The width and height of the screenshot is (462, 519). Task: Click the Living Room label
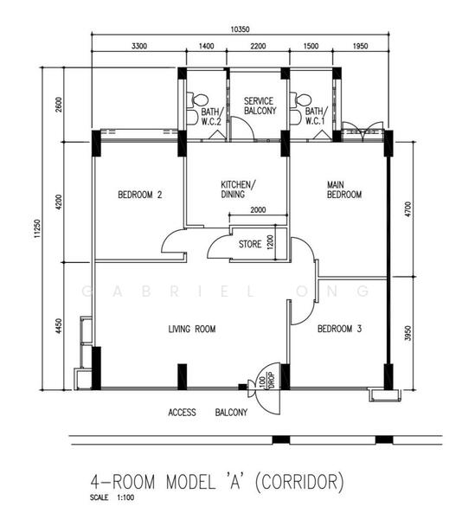click(192, 329)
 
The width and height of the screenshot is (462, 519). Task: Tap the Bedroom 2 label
click(140, 195)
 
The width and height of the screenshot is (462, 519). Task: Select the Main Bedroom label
click(344, 189)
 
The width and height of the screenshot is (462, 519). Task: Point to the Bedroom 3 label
click(339, 329)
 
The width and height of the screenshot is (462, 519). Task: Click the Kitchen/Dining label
click(238, 189)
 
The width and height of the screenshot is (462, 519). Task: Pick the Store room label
click(250, 244)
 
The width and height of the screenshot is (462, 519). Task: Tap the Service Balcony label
click(260, 106)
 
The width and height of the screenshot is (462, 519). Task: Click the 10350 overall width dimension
click(240, 29)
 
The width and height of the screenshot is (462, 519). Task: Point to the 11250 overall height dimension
click(37, 228)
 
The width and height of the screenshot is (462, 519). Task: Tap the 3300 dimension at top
click(139, 46)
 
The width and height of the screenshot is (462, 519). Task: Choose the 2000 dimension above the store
click(258, 210)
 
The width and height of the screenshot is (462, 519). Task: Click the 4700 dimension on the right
click(408, 209)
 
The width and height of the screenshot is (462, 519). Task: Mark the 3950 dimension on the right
click(408, 333)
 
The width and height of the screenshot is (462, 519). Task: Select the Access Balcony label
click(208, 413)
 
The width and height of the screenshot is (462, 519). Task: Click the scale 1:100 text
click(112, 497)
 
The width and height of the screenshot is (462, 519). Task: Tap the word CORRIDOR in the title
click(299, 482)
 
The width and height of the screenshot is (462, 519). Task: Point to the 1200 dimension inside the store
click(271, 242)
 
